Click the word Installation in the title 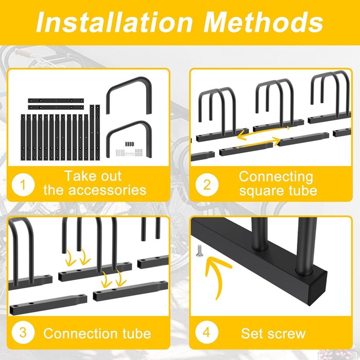(114, 23)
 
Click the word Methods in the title (263, 23)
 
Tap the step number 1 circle (23, 185)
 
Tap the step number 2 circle (207, 185)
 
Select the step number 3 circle (23, 332)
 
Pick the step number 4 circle (206, 332)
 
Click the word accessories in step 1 (107, 190)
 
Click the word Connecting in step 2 (276, 177)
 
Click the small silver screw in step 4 (199, 251)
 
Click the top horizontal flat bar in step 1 (56, 101)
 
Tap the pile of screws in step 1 (129, 150)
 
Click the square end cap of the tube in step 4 (317, 288)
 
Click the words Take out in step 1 (93, 176)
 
